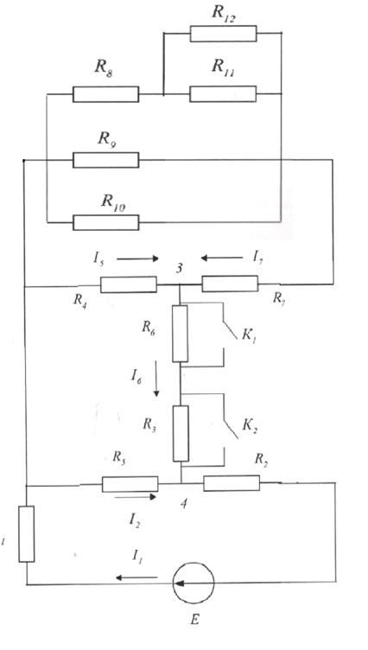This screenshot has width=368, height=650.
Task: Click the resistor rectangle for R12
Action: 224,34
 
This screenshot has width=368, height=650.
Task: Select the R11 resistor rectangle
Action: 223,94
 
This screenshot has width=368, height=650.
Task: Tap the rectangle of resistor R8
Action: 106,94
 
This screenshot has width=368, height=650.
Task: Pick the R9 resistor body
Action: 106,160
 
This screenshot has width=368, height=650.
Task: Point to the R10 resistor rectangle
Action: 106,223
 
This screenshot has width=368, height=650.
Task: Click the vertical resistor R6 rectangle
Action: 180,334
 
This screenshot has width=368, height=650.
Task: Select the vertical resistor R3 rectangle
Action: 181,434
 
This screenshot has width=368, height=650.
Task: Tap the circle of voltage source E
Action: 194,583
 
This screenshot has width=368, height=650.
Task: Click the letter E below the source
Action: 194,620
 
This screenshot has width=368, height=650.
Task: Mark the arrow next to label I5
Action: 137,258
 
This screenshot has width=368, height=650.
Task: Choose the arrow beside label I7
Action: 222,258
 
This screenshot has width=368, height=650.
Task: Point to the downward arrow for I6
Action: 156,379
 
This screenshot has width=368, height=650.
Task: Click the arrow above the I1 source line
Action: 136,577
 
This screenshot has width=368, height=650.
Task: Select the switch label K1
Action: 251,335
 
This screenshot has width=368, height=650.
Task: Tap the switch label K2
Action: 251,426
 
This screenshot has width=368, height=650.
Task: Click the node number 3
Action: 179,268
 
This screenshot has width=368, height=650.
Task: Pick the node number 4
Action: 184,504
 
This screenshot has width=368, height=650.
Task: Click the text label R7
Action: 278,298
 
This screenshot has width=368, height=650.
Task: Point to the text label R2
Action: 261,460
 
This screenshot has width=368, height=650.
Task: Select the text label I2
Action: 134,520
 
